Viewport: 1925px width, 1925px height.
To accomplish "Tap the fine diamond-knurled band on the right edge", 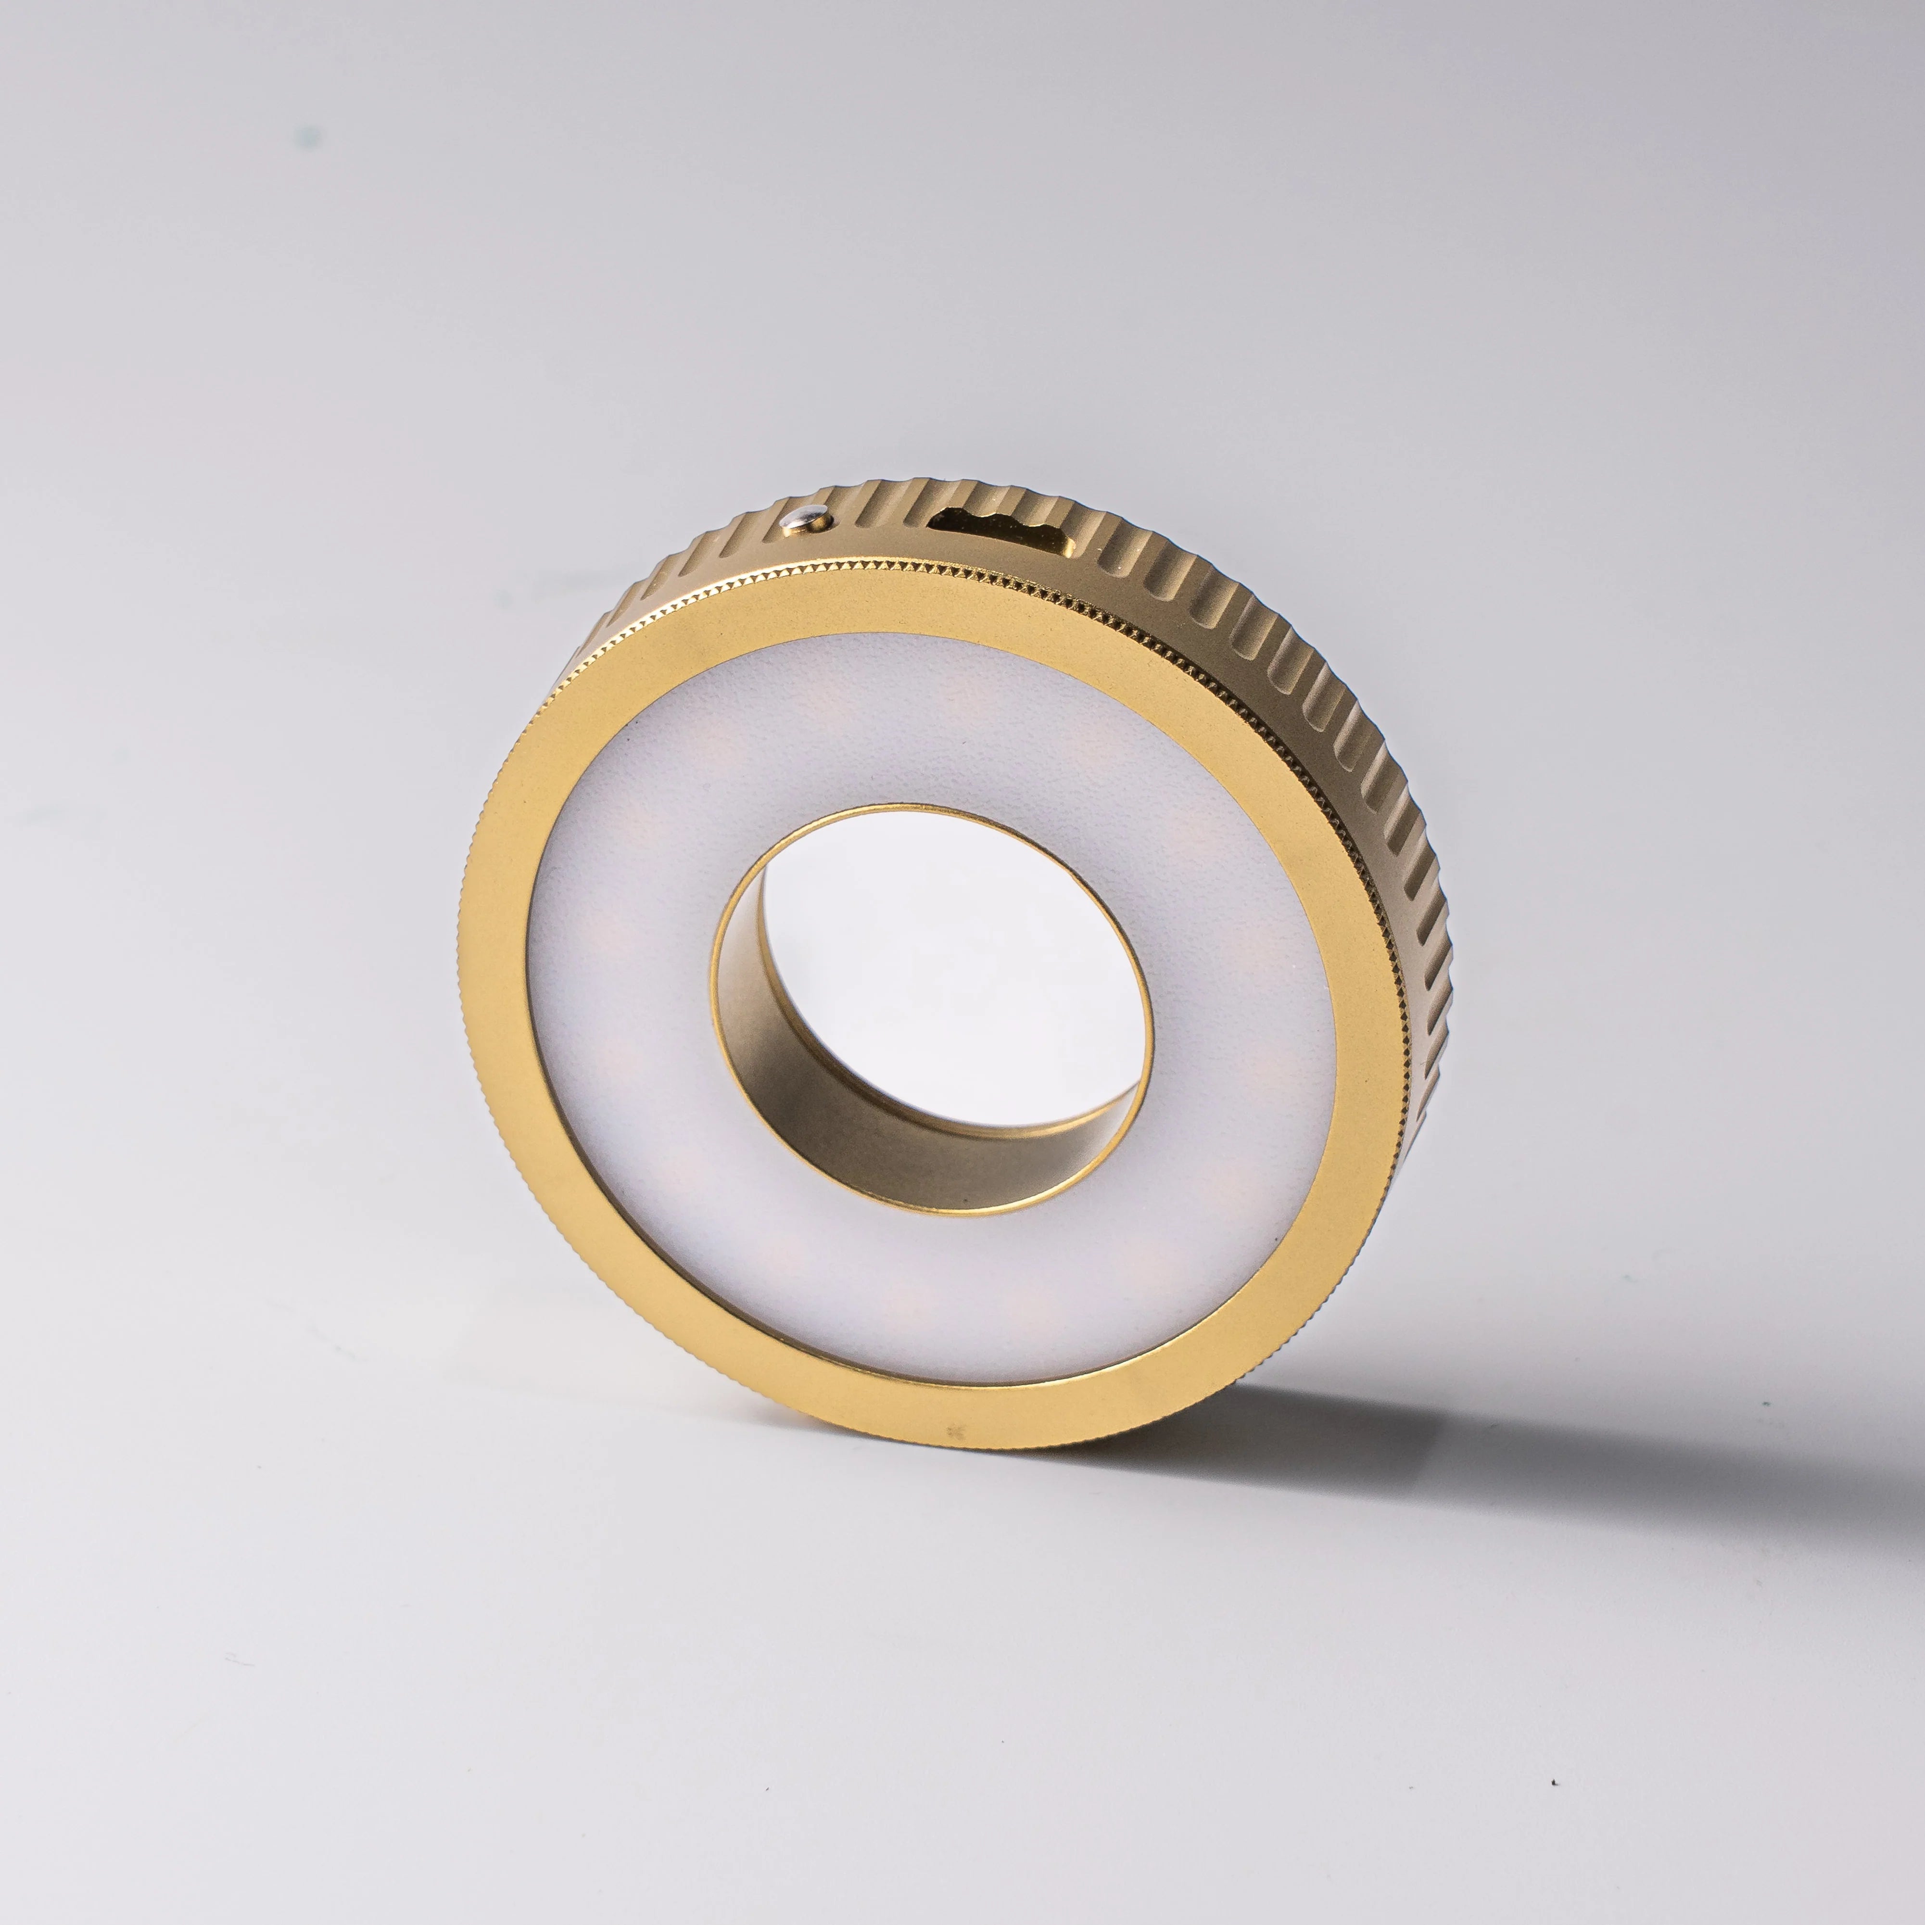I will click(1385, 897).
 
